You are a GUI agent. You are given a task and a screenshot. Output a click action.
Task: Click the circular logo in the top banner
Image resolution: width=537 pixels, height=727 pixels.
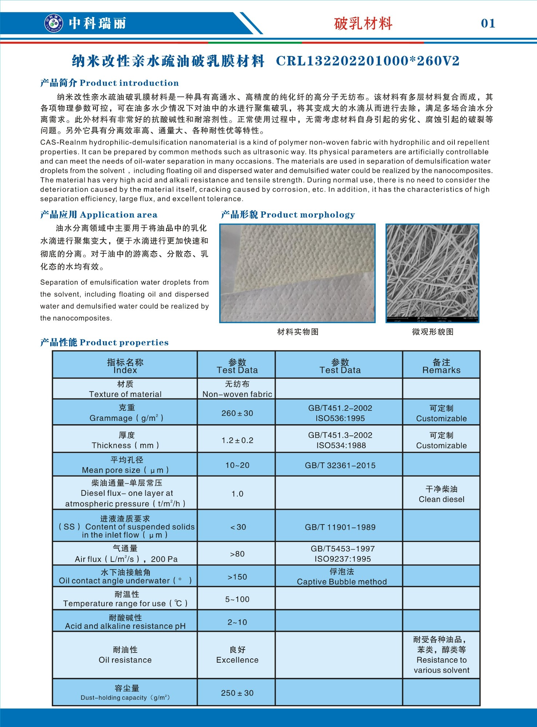point(53,23)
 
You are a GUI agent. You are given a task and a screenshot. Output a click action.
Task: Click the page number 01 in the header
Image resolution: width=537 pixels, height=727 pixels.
point(488,24)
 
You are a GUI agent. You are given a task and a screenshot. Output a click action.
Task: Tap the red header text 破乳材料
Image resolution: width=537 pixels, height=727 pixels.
point(363,24)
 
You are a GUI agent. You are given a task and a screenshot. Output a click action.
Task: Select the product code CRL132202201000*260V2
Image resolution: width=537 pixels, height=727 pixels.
point(368,61)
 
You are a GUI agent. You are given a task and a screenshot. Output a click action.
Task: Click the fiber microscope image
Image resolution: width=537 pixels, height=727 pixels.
point(432,273)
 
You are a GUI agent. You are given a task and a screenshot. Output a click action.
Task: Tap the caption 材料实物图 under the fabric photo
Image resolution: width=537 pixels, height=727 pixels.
point(298,332)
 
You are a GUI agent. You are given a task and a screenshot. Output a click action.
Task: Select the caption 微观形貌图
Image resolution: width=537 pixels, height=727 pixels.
point(433,332)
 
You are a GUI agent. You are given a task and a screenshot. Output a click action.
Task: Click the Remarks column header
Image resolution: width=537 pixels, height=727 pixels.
point(441,366)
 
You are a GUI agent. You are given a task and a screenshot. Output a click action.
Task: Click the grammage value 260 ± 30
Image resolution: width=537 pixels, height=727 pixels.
point(237,413)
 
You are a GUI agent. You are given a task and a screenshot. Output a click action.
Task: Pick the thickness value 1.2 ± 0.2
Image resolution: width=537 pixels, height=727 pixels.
point(237,440)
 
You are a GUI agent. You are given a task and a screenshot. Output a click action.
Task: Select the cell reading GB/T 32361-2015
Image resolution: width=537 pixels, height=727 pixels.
point(340,465)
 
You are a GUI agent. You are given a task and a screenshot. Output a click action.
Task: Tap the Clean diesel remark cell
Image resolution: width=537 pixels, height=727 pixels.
point(441,494)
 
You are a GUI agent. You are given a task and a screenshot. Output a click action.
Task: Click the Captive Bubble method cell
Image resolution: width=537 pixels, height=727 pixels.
point(341,577)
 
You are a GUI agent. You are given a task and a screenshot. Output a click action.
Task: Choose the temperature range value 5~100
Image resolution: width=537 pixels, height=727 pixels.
point(237,599)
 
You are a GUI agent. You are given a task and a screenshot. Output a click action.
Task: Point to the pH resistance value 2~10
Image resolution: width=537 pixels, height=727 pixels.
point(237,622)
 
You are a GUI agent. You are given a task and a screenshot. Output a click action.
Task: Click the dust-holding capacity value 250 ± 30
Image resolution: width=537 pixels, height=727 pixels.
point(237,693)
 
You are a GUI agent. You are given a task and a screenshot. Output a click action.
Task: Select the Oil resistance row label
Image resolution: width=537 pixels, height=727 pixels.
point(125,655)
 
